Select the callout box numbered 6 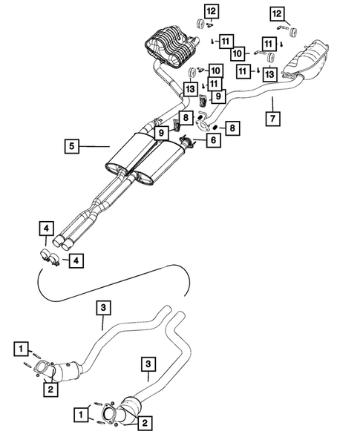point(214,139)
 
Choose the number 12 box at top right point(277,13)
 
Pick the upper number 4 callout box point(47,229)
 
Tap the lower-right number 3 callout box point(150,364)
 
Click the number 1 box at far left point(23,347)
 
